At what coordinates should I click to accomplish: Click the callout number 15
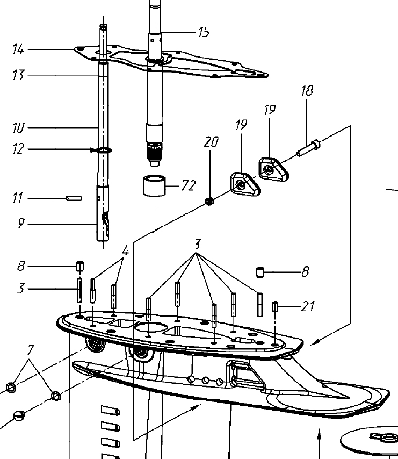(204, 32)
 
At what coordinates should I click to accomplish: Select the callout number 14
(18, 50)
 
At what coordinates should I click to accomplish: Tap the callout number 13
(18, 75)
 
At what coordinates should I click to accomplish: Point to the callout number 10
(18, 128)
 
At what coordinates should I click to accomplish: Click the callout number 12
(18, 149)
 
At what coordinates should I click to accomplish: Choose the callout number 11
(18, 198)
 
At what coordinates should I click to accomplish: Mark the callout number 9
(20, 223)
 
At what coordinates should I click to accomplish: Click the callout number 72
(189, 186)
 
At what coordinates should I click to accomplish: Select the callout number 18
(307, 90)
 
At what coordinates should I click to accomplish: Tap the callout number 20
(211, 142)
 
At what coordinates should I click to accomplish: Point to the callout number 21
(308, 306)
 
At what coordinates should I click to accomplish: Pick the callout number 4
(125, 251)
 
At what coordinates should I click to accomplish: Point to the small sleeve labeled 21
(276, 307)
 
